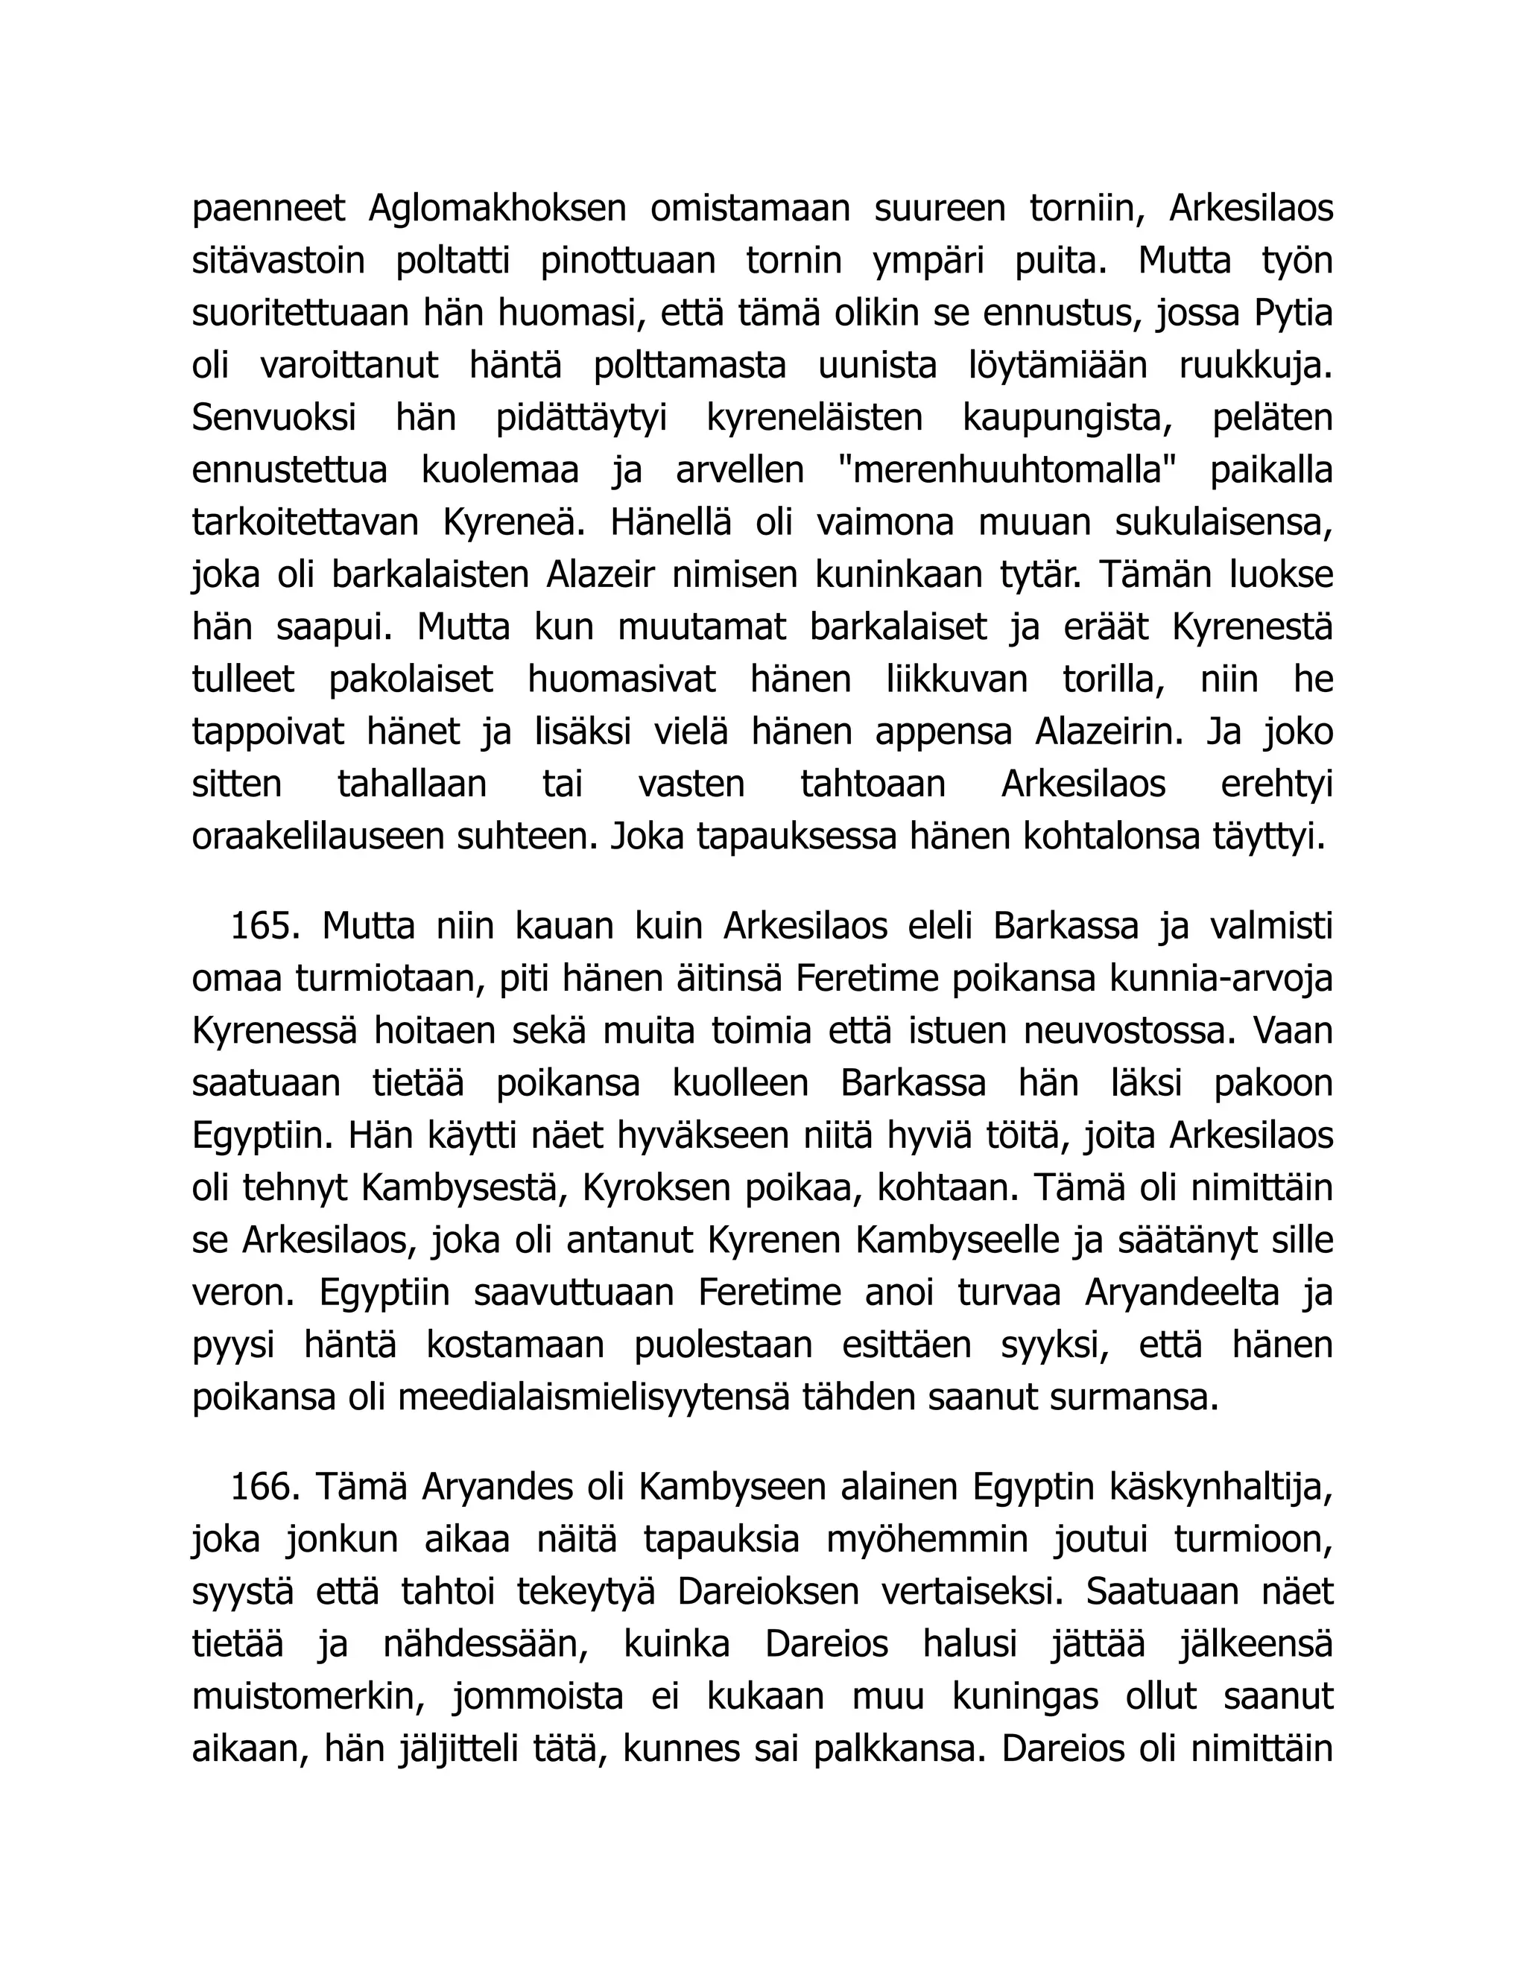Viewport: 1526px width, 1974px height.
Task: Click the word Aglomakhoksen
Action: pyautogui.click(x=497, y=209)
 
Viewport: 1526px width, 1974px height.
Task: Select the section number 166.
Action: pyautogui.click(x=265, y=1487)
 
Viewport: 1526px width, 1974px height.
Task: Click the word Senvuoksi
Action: pyautogui.click(x=274, y=419)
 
